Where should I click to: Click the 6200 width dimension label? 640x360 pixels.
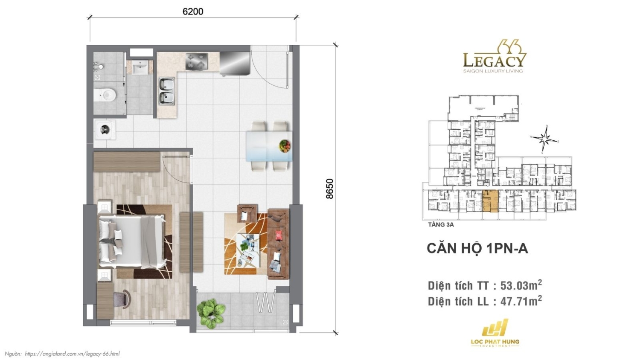coord(193,12)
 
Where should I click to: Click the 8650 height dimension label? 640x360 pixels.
coord(329,189)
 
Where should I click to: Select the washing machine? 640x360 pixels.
coord(105,130)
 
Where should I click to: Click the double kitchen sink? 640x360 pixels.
coord(166,91)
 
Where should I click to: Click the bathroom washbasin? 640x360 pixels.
coord(139,67)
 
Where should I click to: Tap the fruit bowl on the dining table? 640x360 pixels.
coord(285,146)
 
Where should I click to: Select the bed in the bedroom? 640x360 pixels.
coord(132,241)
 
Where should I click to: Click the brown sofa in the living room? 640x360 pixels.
coord(278,244)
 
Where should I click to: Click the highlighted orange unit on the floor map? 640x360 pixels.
coord(490,201)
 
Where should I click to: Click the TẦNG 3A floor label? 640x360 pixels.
coord(441,224)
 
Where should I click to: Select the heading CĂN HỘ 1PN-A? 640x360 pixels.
coord(477,248)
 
